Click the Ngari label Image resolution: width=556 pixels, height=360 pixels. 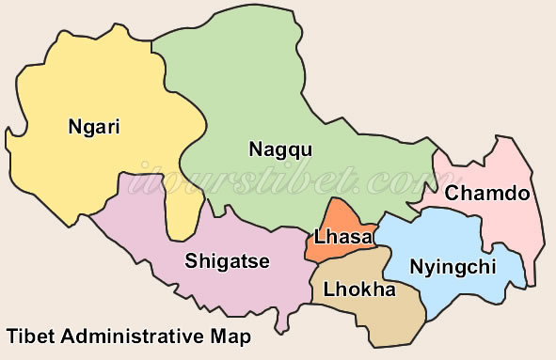coord(95,126)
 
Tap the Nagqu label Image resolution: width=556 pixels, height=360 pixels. coord(280,149)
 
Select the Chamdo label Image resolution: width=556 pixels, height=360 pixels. coord(487,194)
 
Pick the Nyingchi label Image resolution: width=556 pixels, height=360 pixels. coord(453,267)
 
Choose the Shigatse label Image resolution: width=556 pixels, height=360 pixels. coord(228,260)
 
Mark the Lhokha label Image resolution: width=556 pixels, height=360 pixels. coord(359,290)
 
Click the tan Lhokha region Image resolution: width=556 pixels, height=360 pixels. coord(367,320)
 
